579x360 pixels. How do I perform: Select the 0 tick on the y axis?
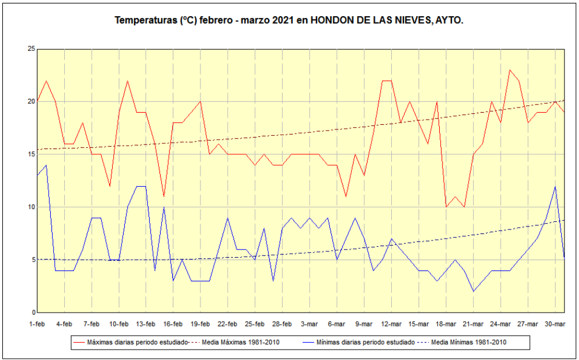coord(33,313)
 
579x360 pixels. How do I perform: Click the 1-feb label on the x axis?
coord(37,324)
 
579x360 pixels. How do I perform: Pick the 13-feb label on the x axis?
coord(146,324)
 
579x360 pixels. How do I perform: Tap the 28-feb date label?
coord(282,324)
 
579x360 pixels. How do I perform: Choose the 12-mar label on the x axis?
coord(391,324)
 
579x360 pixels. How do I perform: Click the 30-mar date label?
coord(555,324)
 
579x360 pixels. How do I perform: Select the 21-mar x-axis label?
coord(473,324)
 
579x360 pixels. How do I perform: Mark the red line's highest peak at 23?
coord(510,70)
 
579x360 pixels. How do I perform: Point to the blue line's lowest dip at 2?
coord(473,291)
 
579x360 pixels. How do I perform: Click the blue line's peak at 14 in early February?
coord(46,165)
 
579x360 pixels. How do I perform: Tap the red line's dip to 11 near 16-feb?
coord(164,196)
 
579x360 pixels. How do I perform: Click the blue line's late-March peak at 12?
coord(555,186)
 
